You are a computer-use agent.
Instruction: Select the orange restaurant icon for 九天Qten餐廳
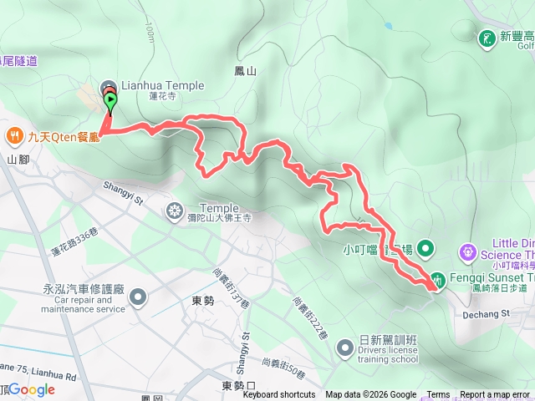click(14, 135)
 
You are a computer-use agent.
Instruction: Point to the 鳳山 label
click(246, 72)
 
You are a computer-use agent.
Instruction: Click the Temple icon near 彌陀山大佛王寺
click(175, 209)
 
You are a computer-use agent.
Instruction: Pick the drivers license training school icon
click(344, 347)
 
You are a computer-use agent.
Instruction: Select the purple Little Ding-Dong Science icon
click(467, 251)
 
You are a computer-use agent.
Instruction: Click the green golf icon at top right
click(487, 38)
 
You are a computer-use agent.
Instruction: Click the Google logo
click(32, 388)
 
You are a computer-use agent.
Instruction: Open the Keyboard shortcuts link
click(279, 395)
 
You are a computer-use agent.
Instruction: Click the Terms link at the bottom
click(438, 395)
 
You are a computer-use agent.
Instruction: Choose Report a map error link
click(495, 395)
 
